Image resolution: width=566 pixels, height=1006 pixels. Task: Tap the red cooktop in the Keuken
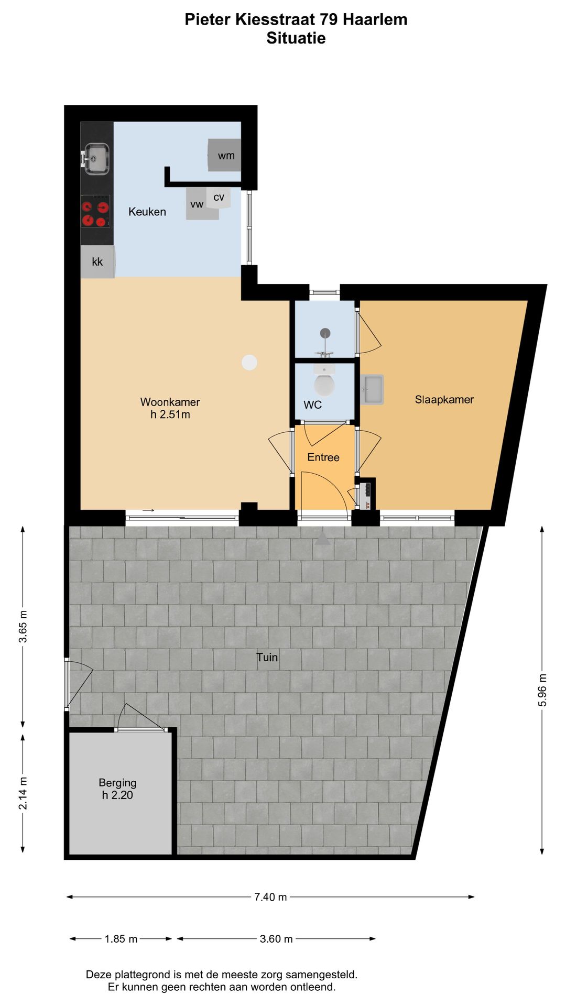[x=95, y=212]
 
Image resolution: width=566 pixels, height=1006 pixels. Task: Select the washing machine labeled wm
[x=225, y=155]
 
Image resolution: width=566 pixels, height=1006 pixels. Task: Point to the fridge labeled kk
[x=97, y=262]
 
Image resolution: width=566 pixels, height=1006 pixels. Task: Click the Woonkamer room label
[x=170, y=402]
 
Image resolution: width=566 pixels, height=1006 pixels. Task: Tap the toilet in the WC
[x=324, y=384]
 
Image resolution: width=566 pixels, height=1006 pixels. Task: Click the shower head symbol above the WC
[x=325, y=333]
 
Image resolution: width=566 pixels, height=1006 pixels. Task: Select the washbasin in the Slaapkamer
[x=373, y=390]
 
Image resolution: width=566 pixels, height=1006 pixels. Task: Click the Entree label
[x=323, y=457]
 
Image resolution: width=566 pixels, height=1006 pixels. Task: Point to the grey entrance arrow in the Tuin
[x=322, y=539]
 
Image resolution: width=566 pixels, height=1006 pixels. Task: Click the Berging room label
[x=117, y=783]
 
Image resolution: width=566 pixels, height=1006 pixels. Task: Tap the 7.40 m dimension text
[x=270, y=897]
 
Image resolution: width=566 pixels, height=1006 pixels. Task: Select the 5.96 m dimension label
[x=542, y=690]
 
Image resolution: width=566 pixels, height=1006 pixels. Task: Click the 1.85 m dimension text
[x=121, y=939]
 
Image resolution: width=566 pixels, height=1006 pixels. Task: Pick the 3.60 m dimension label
[x=276, y=939]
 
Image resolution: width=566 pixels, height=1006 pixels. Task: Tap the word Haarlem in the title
[x=375, y=20]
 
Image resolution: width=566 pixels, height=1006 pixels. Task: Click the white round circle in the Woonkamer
[x=249, y=362]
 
